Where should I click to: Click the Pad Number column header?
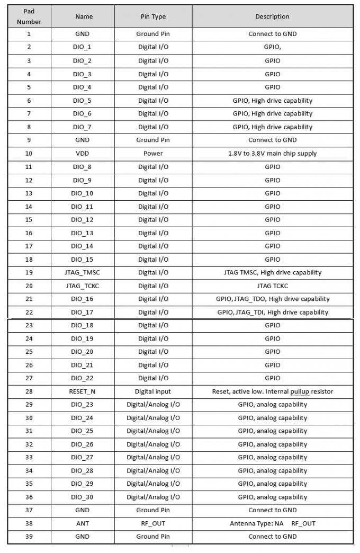[29, 16]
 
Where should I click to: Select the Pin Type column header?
[153, 16]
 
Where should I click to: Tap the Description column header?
[272, 16]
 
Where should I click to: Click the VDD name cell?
[82, 154]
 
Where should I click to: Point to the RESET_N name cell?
[82, 391]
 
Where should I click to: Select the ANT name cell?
[82, 523]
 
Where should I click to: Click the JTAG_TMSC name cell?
[82, 272]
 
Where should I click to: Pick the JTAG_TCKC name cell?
[82, 286]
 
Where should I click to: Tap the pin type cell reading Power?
[153, 154]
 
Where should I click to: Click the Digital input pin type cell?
[153, 391]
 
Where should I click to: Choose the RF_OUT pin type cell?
[153, 523]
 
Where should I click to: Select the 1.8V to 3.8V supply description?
[272, 154]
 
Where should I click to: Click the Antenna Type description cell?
[272, 523]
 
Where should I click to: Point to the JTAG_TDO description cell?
[272, 299]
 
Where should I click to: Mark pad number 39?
[29, 537]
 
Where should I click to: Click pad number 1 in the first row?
[29, 34]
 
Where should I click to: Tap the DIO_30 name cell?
[82, 497]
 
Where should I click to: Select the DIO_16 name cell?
[82, 299]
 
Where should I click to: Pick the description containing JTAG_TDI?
[272, 312]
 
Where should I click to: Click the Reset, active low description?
[272, 391]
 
